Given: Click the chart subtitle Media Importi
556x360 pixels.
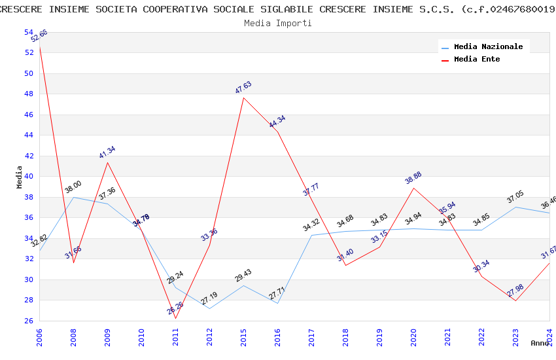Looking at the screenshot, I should (x=278, y=23).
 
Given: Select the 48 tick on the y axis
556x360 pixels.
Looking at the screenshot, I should (x=29, y=94).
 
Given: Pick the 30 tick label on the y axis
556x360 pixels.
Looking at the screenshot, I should (x=29, y=279).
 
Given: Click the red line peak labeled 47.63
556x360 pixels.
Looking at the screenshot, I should (x=243, y=98).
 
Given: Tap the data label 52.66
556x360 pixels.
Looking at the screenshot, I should (x=39, y=36).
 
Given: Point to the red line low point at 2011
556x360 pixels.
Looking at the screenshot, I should (x=175, y=318).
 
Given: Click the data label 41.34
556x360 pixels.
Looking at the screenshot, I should (x=107, y=153).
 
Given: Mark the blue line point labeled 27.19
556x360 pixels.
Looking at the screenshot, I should (x=209, y=308).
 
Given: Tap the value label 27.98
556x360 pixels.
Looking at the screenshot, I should (x=515, y=291).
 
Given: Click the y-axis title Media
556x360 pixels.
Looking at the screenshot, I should (x=20, y=177).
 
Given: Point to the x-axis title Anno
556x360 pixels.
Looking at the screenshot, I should (x=540, y=343).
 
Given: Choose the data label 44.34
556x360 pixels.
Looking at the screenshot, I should (x=277, y=122).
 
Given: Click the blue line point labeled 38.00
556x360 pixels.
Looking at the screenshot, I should (x=73, y=197).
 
